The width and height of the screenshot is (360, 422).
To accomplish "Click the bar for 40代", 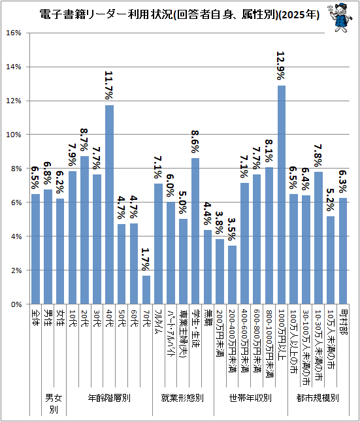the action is coord(109,204).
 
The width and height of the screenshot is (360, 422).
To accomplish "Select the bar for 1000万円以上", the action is coord(282,195).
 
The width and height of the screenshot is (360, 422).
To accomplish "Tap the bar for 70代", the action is coord(146,290).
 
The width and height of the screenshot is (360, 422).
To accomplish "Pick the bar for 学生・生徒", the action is coord(195,231).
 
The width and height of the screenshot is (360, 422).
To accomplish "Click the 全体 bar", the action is coord(35,249).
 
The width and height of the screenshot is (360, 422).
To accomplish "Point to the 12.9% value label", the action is coord(281,66).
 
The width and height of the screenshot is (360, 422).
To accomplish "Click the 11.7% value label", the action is coord(108,86).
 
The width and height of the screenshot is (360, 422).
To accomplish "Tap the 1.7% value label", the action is coord(146,259).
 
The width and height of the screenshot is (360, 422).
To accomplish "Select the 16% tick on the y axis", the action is coord(14,33).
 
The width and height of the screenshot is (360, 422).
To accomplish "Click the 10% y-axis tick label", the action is coord(14,135).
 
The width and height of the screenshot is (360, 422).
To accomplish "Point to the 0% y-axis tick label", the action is coord(16,304).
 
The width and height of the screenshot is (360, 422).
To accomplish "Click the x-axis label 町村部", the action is coord(343,322).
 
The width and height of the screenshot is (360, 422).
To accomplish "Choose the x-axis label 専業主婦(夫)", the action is coord(183,333).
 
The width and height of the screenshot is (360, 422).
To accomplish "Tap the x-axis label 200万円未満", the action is coord(220,334).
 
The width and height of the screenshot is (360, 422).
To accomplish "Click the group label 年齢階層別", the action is coord(109,398).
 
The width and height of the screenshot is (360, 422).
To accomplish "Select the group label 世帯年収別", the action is coord(250,398).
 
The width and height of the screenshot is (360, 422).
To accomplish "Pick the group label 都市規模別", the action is coord(318,398).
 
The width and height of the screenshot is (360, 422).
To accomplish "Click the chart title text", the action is coord(179,14).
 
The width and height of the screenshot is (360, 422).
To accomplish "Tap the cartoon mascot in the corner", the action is coord(340,18).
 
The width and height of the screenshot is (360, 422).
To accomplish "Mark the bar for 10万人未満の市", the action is coord(331,260).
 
